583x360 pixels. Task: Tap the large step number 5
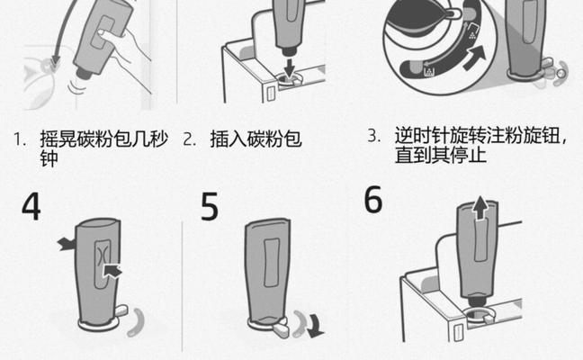click(210, 207)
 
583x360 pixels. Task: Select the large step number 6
click(373, 201)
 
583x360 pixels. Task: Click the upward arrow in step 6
click(480, 208)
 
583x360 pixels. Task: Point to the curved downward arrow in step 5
click(311, 324)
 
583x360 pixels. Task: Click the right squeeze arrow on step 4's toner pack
click(112, 269)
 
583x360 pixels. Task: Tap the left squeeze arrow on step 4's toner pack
click(66, 243)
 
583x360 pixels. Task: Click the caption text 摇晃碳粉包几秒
click(103, 139)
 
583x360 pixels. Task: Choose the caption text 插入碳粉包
click(256, 139)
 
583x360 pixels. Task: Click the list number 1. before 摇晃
click(19, 139)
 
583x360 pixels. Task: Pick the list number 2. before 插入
click(189, 139)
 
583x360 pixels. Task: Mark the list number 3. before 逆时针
click(374, 136)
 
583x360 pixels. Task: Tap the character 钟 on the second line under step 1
click(50, 161)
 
